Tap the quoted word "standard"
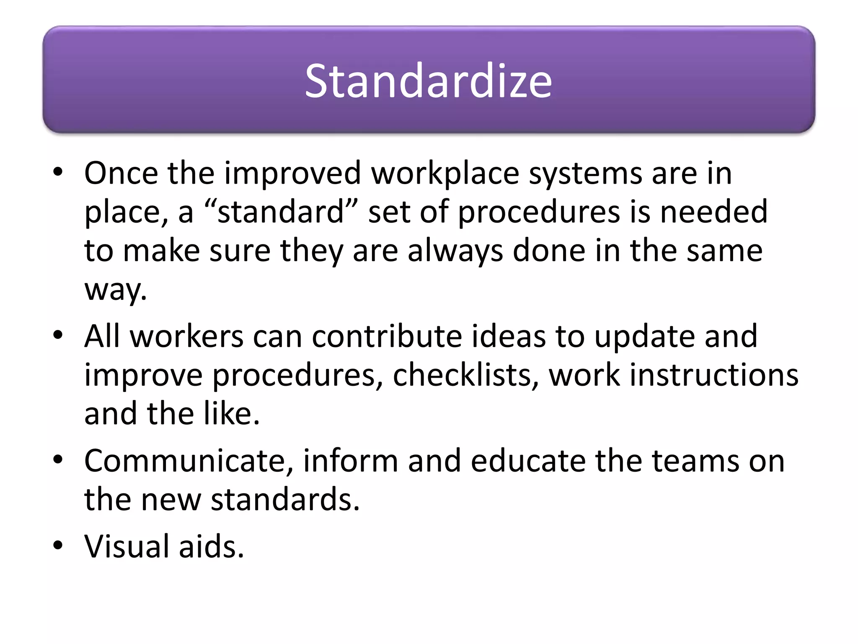click(281, 212)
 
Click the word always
click(455, 251)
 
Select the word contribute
click(387, 336)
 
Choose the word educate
click(528, 461)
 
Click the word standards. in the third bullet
click(285, 499)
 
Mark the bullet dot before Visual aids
click(58, 545)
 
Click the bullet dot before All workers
click(58, 335)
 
